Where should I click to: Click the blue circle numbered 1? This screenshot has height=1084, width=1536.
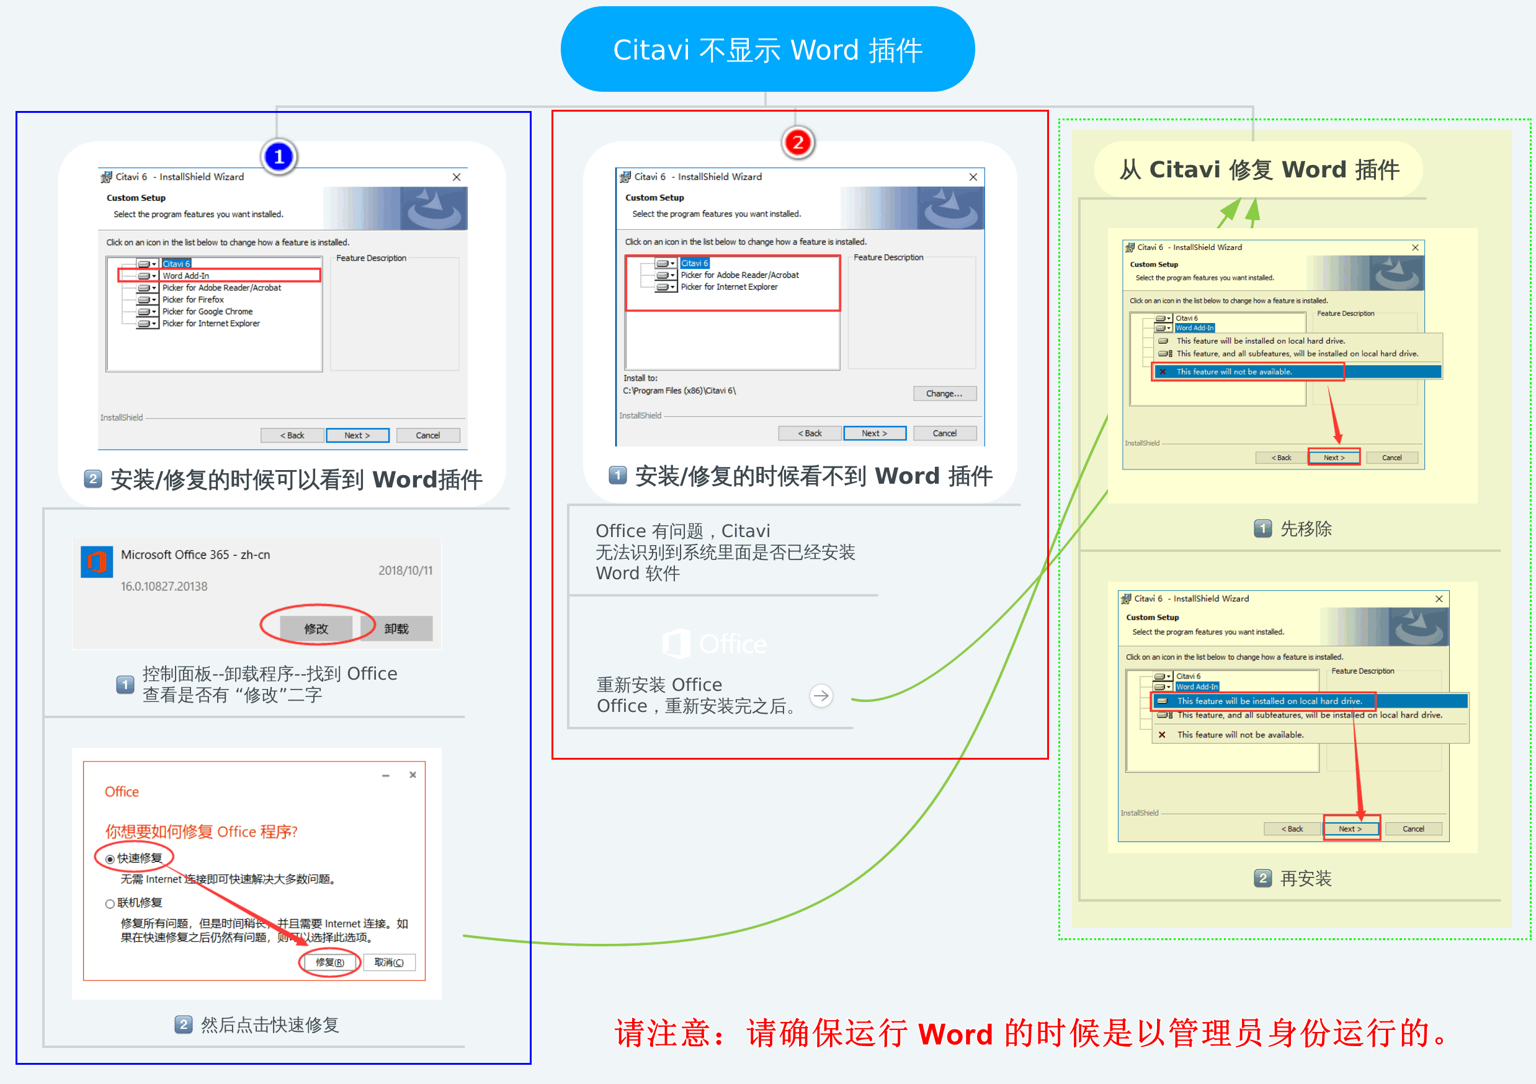(279, 156)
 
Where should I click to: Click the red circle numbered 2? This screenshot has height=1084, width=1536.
(797, 143)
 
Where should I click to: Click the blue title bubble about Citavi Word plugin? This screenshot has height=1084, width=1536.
(767, 50)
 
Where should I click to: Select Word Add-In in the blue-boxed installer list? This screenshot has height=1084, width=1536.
(185, 275)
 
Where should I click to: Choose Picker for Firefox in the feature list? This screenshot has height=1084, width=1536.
(193, 300)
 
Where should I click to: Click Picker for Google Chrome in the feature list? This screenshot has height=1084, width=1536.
(207, 312)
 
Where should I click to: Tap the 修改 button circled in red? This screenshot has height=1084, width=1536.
(316, 629)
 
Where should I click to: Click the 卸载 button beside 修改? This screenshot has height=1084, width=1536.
(396, 629)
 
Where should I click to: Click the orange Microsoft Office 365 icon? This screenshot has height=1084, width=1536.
(97, 562)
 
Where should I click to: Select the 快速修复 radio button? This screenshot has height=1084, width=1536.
(110, 860)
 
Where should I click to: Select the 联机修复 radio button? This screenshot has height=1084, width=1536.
(110, 904)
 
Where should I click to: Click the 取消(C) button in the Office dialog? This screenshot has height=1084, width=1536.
(389, 962)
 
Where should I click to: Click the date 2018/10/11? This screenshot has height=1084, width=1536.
(406, 571)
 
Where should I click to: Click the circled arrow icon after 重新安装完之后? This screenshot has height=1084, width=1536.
(821, 695)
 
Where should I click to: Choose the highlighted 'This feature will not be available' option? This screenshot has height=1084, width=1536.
(1234, 372)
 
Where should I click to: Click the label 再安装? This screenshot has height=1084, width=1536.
(1305, 878)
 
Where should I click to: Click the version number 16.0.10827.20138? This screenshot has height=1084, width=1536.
(164, 587)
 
